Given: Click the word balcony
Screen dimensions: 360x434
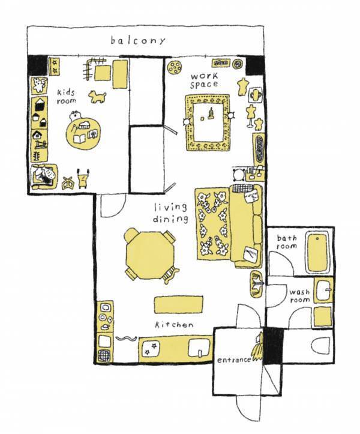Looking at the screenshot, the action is [x=138, y=41].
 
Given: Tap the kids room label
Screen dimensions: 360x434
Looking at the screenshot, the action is [x=67, y=96].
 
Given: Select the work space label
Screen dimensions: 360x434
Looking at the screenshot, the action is [x=204, y=80].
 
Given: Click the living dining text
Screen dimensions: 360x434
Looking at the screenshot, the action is [x=170, y=213].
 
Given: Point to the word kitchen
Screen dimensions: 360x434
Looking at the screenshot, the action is [x=174, y=324].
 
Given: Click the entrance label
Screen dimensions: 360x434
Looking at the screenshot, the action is [x=234, y=360].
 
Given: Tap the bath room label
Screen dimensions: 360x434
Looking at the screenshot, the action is [x=287, y=242].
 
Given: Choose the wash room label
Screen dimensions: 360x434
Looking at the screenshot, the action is [x=299, y=296].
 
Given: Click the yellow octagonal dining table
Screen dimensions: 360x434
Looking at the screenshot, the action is [x=150, y=255].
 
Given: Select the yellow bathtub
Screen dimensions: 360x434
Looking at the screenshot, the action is [x=317, y=253].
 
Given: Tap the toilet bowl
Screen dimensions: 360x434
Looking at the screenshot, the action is [x=320, y=346].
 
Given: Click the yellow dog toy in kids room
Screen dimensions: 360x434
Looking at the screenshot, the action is [x=97, y=97].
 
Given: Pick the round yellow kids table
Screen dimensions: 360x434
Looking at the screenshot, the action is [x=83, y=134].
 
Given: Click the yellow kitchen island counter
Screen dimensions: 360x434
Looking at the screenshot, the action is [x=178, y=305].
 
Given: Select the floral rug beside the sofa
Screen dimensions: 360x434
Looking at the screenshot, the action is [x=212, y=224].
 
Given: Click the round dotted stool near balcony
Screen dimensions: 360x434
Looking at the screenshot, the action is [x=175, y=67].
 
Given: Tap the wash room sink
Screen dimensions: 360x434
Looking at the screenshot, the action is [x=323, y=290].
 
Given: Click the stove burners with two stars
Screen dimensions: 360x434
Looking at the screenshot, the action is [x=150, y=349].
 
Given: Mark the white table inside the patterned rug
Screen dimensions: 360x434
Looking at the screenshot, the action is [x=209, y=122].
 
